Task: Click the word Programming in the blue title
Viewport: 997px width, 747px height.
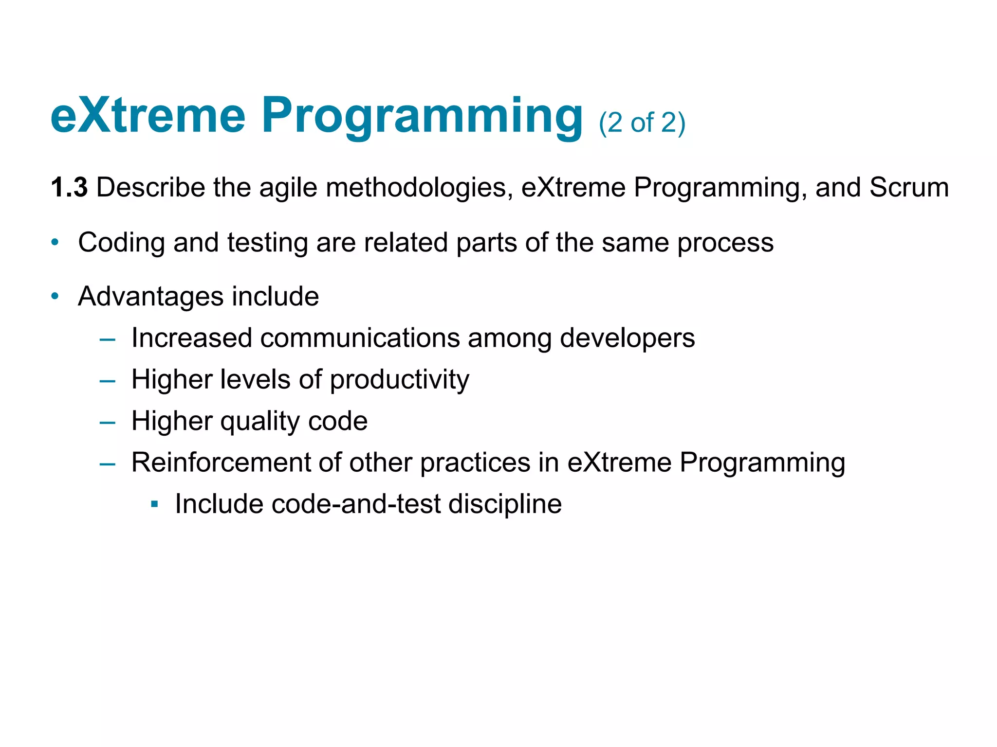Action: (x=422, y=117)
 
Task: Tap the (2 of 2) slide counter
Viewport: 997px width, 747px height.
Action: (x=642, y=123)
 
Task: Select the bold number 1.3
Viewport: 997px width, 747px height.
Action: (x=69, y=188)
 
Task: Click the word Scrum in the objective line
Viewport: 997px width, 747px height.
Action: (x=909, y=188)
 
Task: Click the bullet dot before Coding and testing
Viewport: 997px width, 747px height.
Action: (x=55, y=242)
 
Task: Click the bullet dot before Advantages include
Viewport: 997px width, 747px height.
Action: (x=55, y=296)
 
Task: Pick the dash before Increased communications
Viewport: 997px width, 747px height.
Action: (x=107, y=339)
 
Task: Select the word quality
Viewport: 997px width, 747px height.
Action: (x=260, y=421)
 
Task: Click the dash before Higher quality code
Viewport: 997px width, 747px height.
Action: (x=107, y=422)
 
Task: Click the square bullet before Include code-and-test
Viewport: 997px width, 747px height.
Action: (x=155, y=504)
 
